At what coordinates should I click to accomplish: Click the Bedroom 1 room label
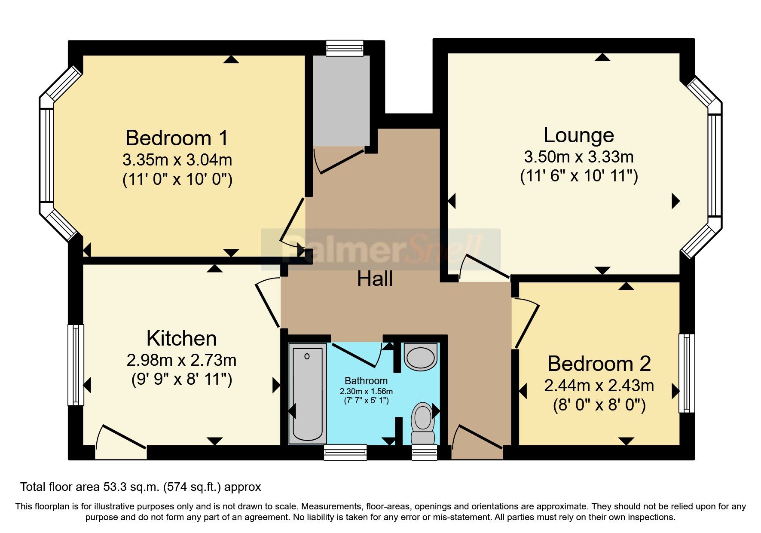pyautogui.click(x=177, y=138)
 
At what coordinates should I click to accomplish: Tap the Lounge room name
pyautogui.click(x=578, y=135)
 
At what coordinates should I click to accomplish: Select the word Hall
pyautogui.click(x=375, y=279)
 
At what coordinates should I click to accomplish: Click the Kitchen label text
pyautogui.click(x=181, y=338)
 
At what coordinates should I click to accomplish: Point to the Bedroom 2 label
pyautogui.click(x=599, y=364)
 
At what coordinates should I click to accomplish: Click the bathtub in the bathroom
pyautogui.click(x=307, y=394)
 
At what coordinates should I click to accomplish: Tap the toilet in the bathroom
pyautogui.click(x=423, y=423)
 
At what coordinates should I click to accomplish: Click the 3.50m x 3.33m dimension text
pyautogui.click(x=578, y=157)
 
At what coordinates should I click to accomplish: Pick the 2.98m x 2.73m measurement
pyautogui.click(x=181, y=360)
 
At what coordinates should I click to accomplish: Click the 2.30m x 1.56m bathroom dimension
pyautogui.click(x=366, y=392)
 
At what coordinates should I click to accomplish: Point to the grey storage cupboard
pyautogui.click(x=341, y=101)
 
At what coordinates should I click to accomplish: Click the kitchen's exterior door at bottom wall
pyautogui.click(x=121, y=443)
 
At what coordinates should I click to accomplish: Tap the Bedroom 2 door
pyautogui.click(x=527, y=326)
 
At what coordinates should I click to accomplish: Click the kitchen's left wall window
pyautogui.click(x=76, y=365)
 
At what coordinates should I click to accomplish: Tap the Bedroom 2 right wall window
pyautogui.click(x=686, y=373)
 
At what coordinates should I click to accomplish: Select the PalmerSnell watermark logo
pyautogui.click(x=381, y=249)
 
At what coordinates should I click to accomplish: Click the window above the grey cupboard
pyautogui.click(x=345, y=48)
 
